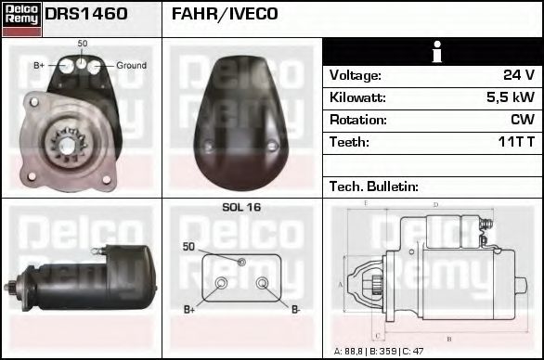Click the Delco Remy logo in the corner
(21, 19)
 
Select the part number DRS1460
(86, 15)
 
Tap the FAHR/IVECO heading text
(225, 15)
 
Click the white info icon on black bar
(433, 52)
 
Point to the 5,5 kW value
(511, 97)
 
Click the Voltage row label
(355, 75)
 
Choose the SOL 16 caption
(241, 208)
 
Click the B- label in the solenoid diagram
(296, 309)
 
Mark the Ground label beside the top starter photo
(131, 66)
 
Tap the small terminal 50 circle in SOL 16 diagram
(241, 263)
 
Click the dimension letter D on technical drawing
(435, 204)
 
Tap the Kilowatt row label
(357, 97)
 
